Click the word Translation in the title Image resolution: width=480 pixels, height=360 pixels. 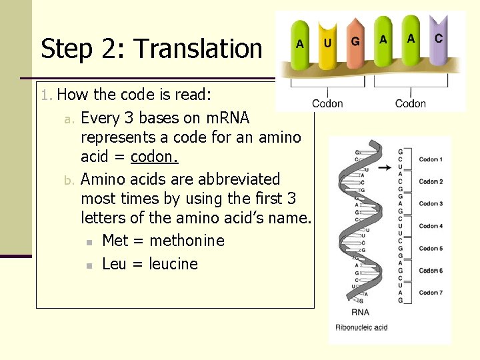point(198,49)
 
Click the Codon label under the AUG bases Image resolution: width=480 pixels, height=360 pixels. point(327,103)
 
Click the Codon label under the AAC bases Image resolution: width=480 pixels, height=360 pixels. point(410,103)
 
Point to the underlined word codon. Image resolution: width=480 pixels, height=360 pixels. point(154,157)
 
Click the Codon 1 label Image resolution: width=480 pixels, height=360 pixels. point(431,160)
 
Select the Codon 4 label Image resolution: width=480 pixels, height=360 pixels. point(431,226)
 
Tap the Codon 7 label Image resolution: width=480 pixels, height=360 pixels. point(431,293)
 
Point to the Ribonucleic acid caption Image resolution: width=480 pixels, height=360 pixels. point(361,327)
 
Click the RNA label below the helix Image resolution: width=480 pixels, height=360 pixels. point(360,313)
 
